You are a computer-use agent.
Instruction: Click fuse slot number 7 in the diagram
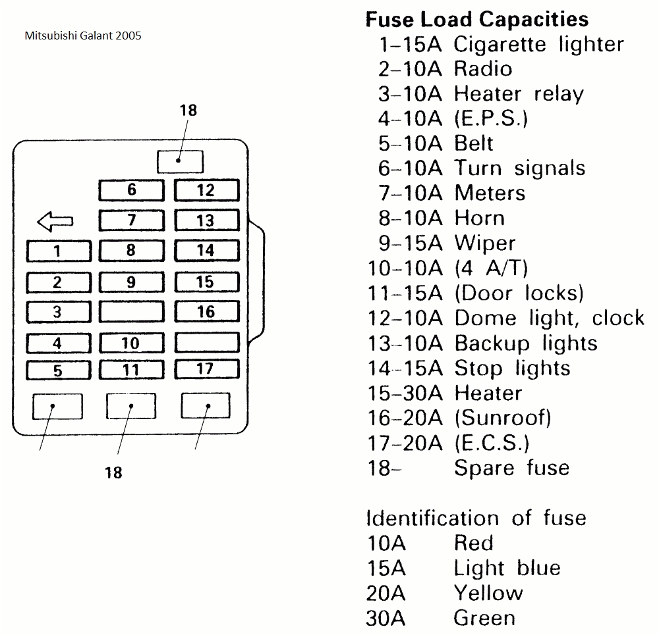(131, 220)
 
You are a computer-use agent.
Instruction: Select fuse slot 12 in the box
(206, 191)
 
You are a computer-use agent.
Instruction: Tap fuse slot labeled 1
(57, 251)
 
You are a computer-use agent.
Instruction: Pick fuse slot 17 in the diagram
(206, 368)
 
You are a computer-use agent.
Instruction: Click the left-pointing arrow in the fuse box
(56, 222)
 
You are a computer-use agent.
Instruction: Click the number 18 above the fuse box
(188, 111)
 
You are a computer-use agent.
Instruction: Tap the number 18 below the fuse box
(114, 472)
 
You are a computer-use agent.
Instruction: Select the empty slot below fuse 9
(131, 312)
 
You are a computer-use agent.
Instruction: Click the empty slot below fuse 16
(206, 342)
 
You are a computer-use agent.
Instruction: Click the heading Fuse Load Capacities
(476, 19)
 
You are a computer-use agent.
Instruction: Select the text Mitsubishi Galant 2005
(82, 36)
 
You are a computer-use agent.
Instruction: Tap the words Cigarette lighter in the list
(538, 45)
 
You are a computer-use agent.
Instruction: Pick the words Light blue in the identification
(507, 568)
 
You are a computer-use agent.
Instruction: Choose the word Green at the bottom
(484, 618)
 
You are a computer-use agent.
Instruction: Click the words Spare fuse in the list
(511, 468)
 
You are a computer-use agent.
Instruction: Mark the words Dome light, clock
(549, 318)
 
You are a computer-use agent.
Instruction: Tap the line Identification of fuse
(476, 518)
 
